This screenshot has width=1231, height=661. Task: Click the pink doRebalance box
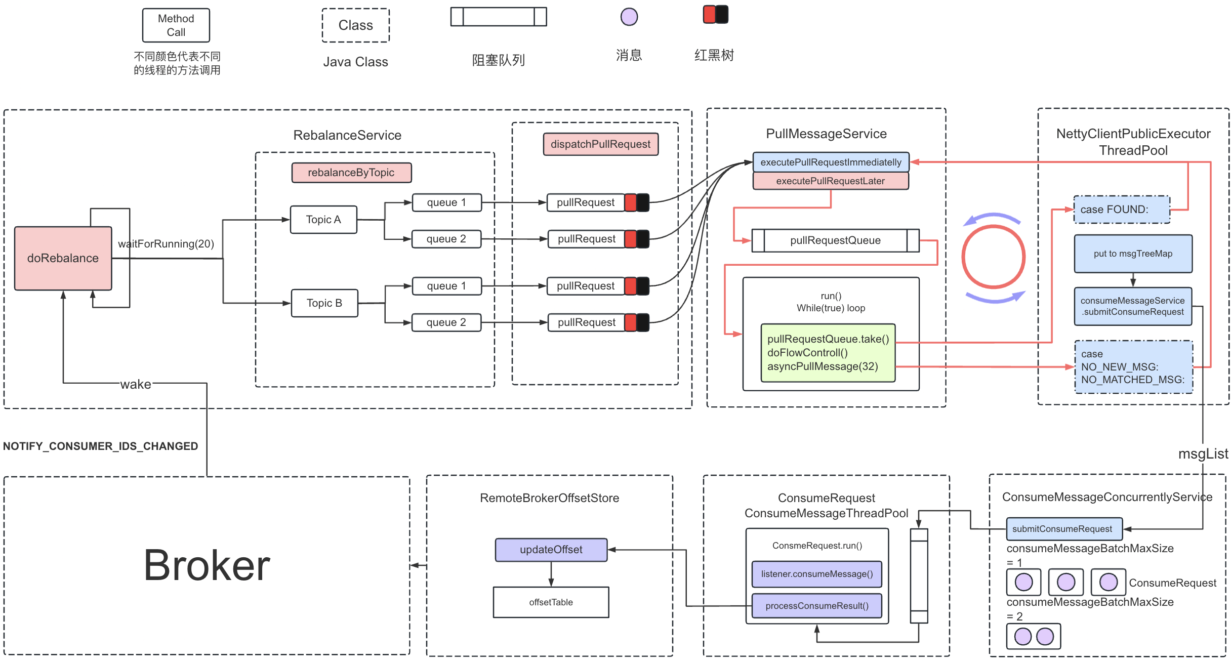(63, 258)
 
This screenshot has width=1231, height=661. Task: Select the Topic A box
(323, 220)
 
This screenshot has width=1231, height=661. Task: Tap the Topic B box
(324, 303)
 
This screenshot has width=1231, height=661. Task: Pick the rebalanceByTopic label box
(351, 173)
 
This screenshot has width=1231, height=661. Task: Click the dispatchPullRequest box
(600, 144)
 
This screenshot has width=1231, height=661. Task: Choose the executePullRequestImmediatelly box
(831, 162)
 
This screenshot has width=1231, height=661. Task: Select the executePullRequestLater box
(831, 181)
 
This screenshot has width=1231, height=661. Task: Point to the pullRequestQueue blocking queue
(835, 240)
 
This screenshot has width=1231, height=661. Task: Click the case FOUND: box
(1122, 210)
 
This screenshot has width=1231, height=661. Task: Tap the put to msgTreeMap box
(1133, 254)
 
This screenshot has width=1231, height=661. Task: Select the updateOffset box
(551, 550)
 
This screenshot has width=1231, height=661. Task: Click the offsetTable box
(551, 602)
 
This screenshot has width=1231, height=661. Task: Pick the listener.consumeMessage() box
(816, 574)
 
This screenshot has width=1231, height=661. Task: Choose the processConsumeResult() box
(816, 606)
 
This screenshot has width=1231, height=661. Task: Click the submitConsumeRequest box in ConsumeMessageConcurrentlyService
(1064, 529)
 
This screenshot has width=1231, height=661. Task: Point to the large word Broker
(207, 565)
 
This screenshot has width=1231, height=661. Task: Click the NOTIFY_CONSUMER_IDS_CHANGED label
(100, 446)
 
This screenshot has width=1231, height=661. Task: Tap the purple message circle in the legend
(629, 17)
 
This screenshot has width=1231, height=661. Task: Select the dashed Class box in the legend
(355, 25)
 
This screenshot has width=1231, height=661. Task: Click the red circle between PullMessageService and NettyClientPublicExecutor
(993, 257)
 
